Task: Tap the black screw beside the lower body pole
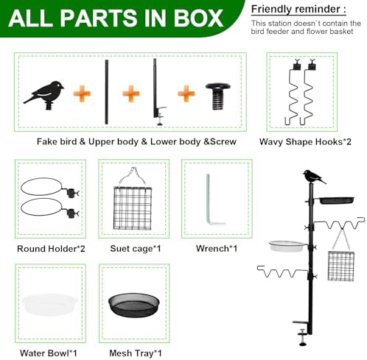click(x=218, y=96)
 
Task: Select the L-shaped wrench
click(x=213, y=200)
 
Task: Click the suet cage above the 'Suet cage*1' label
click(x=133, y=208)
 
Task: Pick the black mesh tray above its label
click(x=133, y=306)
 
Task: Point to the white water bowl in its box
click(x=50, y=304)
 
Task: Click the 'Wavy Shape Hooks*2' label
click(x=305, y=141)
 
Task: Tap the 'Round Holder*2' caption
click(x=51, y=249)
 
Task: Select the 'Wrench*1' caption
click(x=217, y=248)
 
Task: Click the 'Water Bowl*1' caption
click(x=49, y=353)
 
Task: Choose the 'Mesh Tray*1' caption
click(x=136, y=353)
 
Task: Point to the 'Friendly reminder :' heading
click(x=298, y=10)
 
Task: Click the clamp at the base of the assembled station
click(x=303, y=331)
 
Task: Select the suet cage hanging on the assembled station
click(x=341, y=266)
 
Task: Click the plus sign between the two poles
click(x=131, y=93)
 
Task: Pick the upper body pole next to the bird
click(x=107, y=92)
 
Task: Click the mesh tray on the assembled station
click(x=337, y=200)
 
